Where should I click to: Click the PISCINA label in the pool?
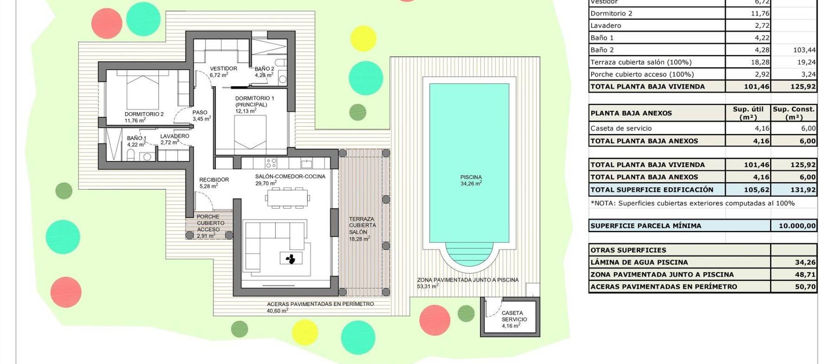coord(471,177)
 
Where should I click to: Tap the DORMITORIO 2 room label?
coord(144,114)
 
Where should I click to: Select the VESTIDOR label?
coord(223,69)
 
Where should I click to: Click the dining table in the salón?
coord(287,198)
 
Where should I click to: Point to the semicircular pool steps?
coord(470,254)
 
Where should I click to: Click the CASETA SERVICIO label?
coord(513,316)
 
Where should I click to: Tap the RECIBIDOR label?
coord(214,180)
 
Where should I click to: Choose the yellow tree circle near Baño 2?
coord(363,38)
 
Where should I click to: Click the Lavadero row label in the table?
coord(606,26)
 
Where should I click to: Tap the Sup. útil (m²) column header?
coord(748,113)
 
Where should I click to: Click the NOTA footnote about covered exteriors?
coord(692,203)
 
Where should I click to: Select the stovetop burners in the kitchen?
coord(271,163)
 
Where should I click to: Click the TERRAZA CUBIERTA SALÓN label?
coord(362,226)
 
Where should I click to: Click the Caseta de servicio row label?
coord(621,128)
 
